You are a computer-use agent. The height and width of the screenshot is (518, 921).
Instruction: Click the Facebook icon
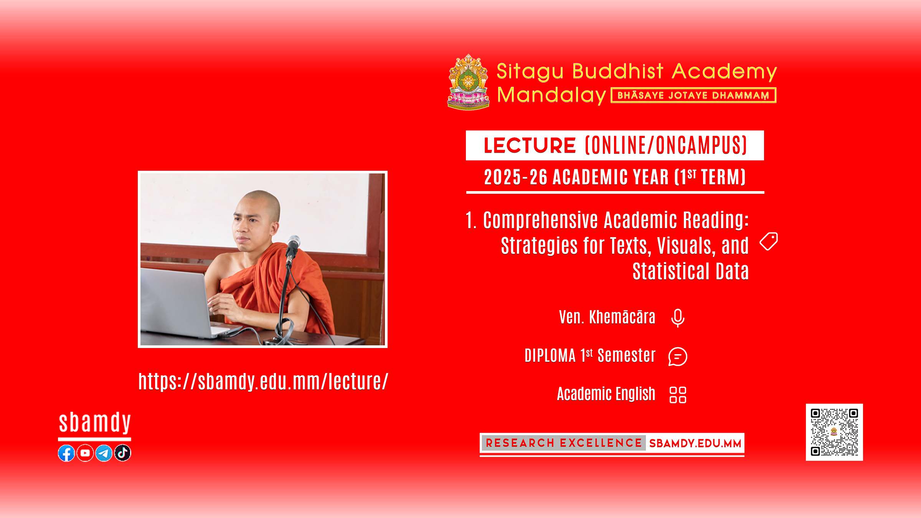click(66, 453)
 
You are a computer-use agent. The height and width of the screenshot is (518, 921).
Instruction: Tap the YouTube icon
click(85, 453)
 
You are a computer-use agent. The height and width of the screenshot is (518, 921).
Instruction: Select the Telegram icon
click(104, 453)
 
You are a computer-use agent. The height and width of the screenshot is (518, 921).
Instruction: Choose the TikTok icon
click(122, 453)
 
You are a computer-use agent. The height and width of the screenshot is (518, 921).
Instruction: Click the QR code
click(834, 432)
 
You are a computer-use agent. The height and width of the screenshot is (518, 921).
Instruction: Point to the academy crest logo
click(468, 82)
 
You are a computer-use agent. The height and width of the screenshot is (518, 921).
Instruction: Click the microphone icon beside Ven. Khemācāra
click(678, 318)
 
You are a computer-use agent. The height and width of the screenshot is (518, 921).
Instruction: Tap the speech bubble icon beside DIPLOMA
click(678, 356)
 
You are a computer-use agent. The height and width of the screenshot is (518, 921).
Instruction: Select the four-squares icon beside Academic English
click(678, 395)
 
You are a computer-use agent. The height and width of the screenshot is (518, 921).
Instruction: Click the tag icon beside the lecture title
click(769, 241)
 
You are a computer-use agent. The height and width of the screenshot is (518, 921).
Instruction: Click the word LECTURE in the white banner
click(530, 145)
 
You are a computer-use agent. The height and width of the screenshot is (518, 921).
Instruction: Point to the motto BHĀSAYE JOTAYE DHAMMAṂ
click(693, 96)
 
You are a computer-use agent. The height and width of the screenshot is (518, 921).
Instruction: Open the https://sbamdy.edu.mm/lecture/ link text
click(263, 382)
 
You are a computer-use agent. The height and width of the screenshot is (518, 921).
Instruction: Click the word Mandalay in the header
click(551, 95)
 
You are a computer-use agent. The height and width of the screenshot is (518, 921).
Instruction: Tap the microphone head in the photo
click(294, 243)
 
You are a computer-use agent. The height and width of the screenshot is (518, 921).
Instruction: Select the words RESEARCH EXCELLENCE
click(564, 443)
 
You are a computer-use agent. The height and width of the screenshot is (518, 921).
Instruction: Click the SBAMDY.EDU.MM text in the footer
click(695, 444)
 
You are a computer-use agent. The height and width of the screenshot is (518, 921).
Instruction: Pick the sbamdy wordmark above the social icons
click(95, 423)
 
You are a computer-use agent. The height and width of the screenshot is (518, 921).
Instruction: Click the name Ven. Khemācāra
click(607, 317)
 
